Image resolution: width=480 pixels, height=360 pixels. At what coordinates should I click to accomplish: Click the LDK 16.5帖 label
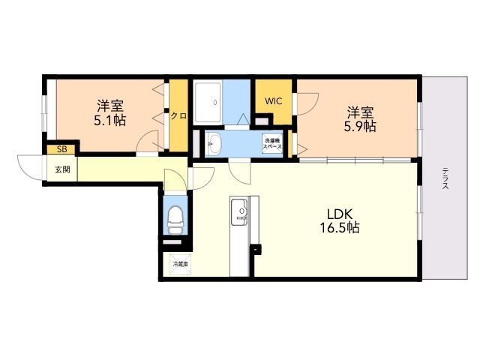click(x=340, y=220)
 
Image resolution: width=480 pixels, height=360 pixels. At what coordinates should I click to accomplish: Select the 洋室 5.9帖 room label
click(x=360, y=119)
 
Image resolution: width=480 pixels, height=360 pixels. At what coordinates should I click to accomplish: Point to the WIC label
click(x=273, y=101)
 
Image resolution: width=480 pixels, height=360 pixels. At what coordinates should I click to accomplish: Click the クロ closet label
click(x=178, y=116)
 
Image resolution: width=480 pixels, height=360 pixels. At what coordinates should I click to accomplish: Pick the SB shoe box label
click(x=61, y=149)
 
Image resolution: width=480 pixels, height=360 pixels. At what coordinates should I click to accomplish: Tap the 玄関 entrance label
click(x=62, y=169)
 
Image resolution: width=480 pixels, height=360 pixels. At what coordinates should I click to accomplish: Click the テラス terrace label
click(x=445, y=178)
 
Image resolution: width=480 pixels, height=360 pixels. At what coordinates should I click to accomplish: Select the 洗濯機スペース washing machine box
click(x=273, y=143)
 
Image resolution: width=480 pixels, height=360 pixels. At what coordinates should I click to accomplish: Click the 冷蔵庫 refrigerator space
click(x=180, y=264)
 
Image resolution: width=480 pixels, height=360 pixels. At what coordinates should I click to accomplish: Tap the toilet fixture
click(x=175, y=220)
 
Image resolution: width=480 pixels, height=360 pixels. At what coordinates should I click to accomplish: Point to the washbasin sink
click(x=213, y=143)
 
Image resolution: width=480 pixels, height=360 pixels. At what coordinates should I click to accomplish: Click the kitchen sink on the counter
click(x=239, y=211)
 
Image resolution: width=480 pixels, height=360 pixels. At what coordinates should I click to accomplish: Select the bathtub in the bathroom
click(x=208, y=102)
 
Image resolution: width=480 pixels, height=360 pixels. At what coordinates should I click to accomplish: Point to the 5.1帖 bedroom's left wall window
click(x=45, y=109)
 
